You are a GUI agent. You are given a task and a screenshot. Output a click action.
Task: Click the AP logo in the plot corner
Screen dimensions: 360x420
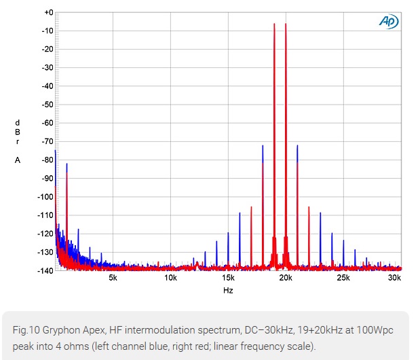click(389, 22)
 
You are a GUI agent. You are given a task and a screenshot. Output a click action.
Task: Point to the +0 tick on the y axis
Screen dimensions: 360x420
click(47, 12)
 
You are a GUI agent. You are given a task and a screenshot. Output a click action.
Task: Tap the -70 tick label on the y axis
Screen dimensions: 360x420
click(46, 141)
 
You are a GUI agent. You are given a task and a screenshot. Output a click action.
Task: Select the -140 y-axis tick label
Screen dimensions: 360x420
click(45, 270)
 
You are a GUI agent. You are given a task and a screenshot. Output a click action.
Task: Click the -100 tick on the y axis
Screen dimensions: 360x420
click(45, 197)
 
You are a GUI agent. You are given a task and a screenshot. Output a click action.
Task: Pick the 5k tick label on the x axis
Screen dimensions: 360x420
click(113, 278)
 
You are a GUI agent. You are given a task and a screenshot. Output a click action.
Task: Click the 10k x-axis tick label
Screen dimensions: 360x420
click(170, 278)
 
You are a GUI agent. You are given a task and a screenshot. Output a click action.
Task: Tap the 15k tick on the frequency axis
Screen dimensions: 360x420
click(228, 278)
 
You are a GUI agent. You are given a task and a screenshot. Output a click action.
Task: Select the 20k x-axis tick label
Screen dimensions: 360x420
click(286, 278)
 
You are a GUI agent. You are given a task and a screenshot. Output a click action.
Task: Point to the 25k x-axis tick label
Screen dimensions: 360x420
click(343, 278)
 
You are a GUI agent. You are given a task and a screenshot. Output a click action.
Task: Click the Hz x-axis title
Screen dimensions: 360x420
click(228, 290)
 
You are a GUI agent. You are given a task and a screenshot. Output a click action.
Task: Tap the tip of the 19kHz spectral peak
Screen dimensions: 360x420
click(274, 24)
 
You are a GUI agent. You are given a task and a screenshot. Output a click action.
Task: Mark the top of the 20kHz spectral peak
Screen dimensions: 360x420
click(286, 24)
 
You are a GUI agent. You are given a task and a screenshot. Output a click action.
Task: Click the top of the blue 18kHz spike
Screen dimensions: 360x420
click(263, 145)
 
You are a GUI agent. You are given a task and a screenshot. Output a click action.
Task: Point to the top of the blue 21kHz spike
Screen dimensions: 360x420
click(297, 145)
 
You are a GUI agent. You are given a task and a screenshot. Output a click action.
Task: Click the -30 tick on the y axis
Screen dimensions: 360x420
click(46, 68)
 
